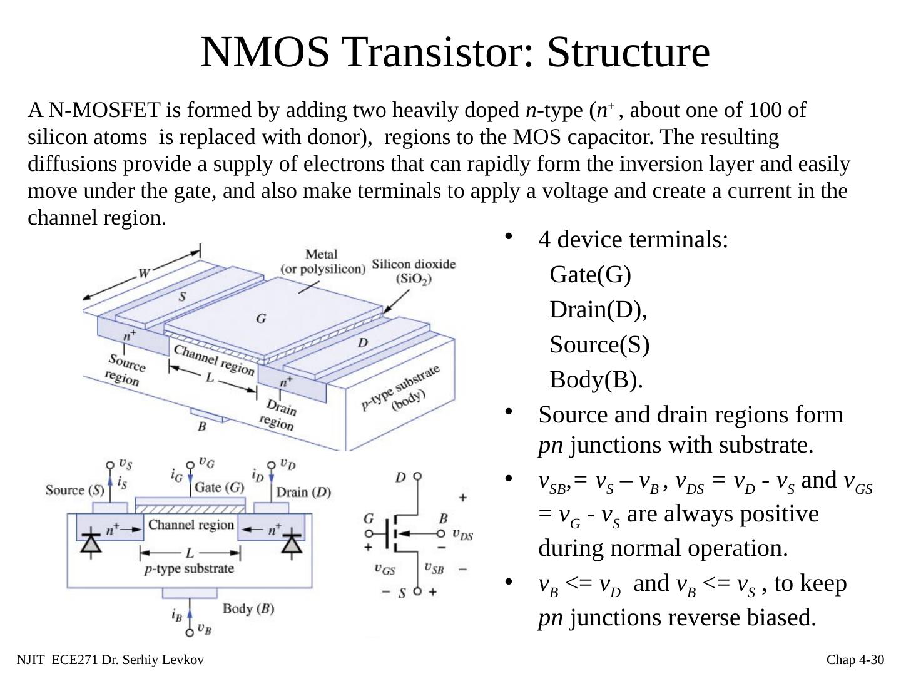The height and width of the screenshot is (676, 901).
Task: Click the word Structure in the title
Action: (x=628, y=52)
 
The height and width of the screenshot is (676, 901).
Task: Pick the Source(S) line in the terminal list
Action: (x=599, y=344)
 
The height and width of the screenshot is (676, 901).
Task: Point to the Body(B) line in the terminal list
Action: (x=596, y=379)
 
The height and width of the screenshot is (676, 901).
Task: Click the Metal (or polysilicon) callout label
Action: (x=322, y=262)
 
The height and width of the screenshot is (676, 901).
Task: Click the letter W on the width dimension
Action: (x=144, y=274)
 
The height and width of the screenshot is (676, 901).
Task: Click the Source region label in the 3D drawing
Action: (x=125, y=369)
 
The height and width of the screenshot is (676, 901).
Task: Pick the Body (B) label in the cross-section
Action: (x=248, y=608)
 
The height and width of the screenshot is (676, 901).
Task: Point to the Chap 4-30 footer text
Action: (x=855, y=660)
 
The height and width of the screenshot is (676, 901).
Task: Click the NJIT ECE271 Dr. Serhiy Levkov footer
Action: (x=110, y=660)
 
